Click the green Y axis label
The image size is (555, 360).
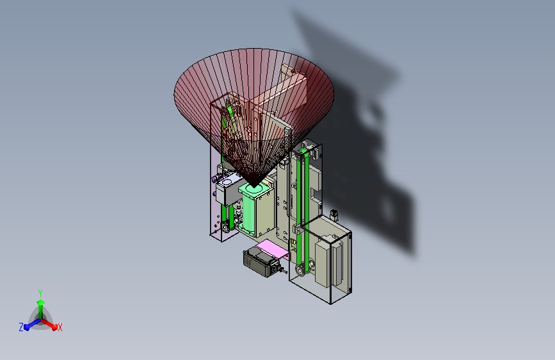(x=40, y=293)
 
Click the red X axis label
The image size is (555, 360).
(x=60, y=327)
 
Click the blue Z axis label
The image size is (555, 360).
(x=21, y=327)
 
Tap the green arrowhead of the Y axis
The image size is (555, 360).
(x=41, y=303)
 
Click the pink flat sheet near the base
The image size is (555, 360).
(x=272, y=249)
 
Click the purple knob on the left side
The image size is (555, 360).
(x=214, y=179)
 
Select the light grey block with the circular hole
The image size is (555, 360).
(x=228, y=190)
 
